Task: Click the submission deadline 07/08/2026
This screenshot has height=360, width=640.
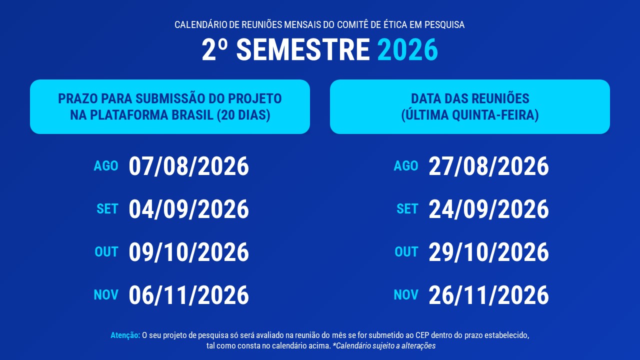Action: (x=189, y=166)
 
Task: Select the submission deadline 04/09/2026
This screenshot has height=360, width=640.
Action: (x=189, y=209)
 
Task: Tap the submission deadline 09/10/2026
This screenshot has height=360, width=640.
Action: (x=189, y=252)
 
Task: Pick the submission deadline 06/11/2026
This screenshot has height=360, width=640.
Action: (x=189, y=295)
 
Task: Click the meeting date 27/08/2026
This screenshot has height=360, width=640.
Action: (x=489, y=166)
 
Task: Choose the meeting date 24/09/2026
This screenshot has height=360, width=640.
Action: (x=489, y=209)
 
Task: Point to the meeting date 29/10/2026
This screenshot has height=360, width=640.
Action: (x=489, y=252)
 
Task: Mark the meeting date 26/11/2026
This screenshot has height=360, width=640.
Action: (x=489, y=295)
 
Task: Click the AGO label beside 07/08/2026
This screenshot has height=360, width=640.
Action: (x=106, y=166)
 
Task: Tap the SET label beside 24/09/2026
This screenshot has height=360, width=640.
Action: (x=407, y=209)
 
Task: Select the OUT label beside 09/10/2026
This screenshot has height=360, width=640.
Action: (x=106, y=251)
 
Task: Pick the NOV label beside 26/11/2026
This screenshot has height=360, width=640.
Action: (x=406, y=294)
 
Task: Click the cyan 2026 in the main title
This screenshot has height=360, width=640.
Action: (x=407, y=49)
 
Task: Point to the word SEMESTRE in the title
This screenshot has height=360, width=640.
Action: (x=303, y=49)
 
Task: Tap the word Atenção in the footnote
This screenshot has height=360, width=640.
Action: (x=125, y=335)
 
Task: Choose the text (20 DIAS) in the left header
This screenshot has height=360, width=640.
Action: (x=243, y=115)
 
